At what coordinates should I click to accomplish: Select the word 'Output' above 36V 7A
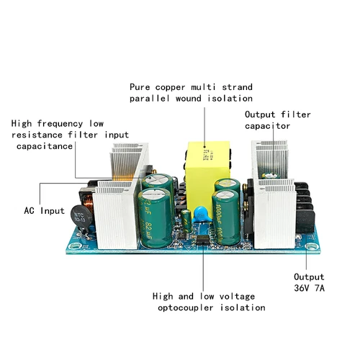coord(309,276)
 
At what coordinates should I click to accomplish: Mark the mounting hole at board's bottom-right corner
coord(312,248)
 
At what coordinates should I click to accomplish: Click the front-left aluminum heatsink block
coord(115,212)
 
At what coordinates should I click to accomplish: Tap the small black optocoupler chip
coord(203,238)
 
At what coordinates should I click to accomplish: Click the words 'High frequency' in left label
coord(44,123)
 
